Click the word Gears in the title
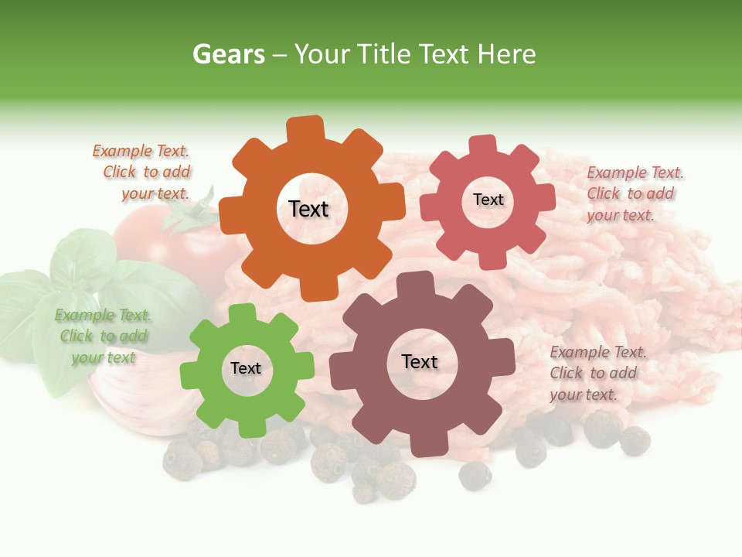point(228,54)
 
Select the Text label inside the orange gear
point(308,209)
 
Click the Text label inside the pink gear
point(488,200)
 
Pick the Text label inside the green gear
point(246,368)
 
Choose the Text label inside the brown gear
point(420,361)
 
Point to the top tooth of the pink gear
point(482,145)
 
